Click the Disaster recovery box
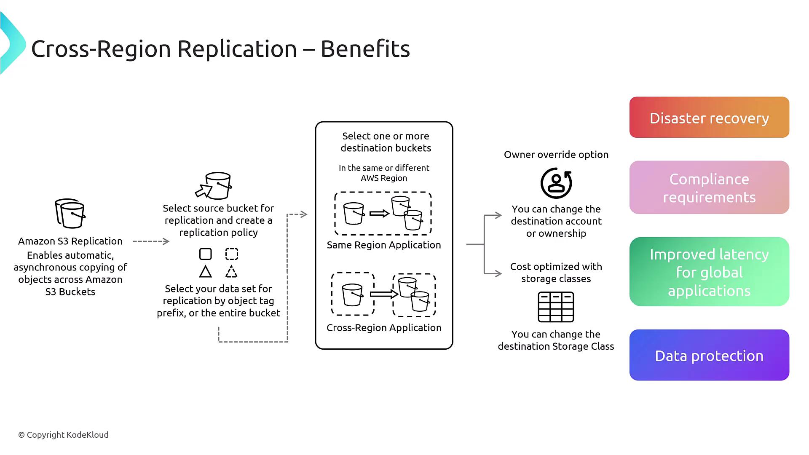click(709, 118)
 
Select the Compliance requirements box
click(709, 187)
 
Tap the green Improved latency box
click(709, 272)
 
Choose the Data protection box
click(709, 355)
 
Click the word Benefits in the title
click(365, 49)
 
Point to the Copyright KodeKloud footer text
click(63, 435)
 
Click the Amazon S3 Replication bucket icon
click(70, 213)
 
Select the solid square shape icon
click(206, 254)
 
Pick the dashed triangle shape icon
click(231, 272)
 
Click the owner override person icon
click(556, 183)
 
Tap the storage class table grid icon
click(556, 307)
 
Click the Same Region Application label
click(384, 245)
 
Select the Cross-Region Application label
click(384, 328)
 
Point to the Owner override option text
click(556, 155)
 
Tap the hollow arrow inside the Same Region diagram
click(379, 214)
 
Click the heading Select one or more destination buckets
click(386, 142)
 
